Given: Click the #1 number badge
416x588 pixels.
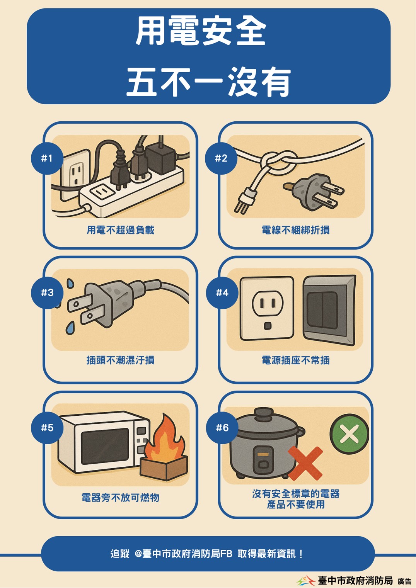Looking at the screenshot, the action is click(x=47, y=158).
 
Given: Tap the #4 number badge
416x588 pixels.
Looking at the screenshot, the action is click(x=222, y=293).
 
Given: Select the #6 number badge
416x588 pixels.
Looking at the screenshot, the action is click(x=222, y=428).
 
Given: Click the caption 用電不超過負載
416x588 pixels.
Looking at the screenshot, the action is click(x=121, y=230).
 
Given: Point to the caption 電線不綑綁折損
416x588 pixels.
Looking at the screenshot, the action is click(x=295, y=230).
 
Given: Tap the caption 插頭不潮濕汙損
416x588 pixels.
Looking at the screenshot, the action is click(x=121, y=360).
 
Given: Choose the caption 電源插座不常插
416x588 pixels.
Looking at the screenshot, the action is click(x=295, y=360).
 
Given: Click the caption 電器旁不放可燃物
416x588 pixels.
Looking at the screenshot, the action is click(x=121, y=498).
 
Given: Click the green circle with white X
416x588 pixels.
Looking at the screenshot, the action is click(x=349, y=434).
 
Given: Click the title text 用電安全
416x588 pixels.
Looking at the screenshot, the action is click(x=201, y=32).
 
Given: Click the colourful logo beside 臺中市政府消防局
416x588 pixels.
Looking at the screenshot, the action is click(x=306, y=580).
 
